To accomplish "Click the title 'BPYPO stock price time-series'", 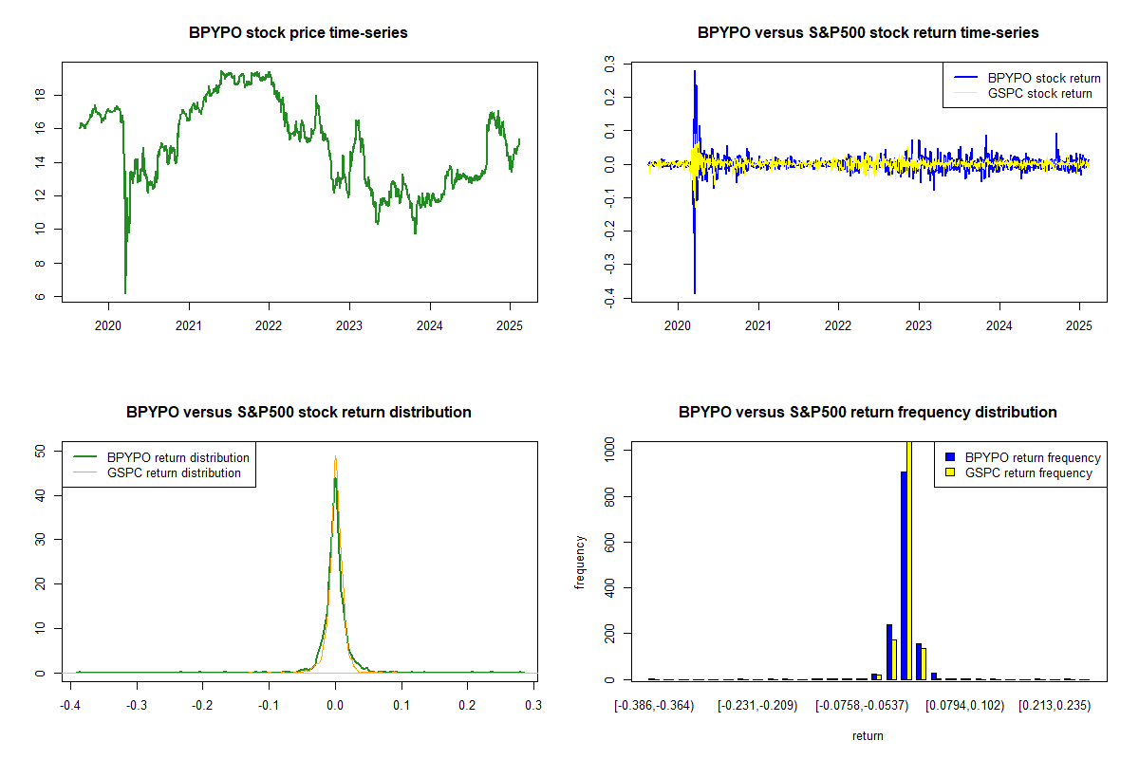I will point(299,33).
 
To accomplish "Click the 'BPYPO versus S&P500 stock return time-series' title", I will point(868,33).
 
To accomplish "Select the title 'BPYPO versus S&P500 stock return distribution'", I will point(299,413).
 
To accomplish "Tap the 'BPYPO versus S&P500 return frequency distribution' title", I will point(868,413).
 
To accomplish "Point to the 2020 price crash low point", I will point(125,292).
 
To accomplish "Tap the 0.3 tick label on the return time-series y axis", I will point(609,65).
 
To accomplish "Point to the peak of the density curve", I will point(335,457).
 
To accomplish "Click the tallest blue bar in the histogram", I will point(904,575).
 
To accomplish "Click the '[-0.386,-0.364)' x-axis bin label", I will point(654,706).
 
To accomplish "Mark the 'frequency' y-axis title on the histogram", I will point(581,563).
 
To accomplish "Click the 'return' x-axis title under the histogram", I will point(868,735).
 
